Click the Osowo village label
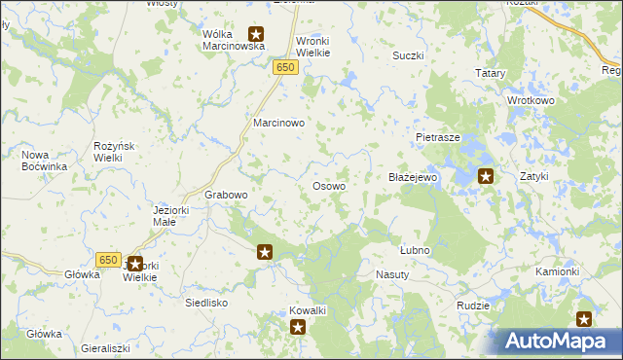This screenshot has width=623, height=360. coord(328,186)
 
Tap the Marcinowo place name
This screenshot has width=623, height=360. coord(279,124)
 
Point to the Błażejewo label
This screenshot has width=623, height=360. coord(415,178)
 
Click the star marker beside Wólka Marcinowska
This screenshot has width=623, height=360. coord(256,34)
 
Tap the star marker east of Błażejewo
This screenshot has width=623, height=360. coord(486,176)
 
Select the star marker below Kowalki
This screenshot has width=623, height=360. coord(297,328)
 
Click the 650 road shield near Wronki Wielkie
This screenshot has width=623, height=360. coord(284,67)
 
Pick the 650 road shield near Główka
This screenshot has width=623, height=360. coord(108,260)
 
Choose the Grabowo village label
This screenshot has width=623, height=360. coord(226,195)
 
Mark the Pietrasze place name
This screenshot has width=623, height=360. coord(437,138)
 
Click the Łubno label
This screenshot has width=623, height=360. coord(415,250)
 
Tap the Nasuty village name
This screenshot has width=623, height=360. coord(392,275)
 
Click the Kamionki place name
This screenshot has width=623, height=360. coord(557,271)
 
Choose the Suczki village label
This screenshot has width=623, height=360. coord(408,55)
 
